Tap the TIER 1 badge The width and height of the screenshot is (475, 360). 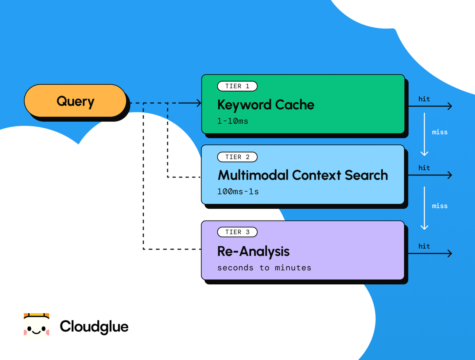[x=237, y=86]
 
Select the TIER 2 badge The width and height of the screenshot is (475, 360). [x=237, y=157]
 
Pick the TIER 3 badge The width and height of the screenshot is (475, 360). [x=237, y=232]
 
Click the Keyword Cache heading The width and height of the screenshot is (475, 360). [x=266, y=105]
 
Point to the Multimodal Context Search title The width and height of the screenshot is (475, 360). [x=303, y=175]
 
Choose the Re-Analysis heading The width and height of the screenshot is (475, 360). [x=253, y=251]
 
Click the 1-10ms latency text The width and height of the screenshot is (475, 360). [x=233, y=121]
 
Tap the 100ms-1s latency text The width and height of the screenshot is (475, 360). [x=238, y=192]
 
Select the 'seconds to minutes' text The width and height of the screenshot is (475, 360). [x=264, y=268]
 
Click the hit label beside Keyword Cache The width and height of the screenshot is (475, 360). [x=424, y=99]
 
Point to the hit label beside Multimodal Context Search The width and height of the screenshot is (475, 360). [x=424, y=168]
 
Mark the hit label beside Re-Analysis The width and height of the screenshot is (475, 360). [x=424, y=246]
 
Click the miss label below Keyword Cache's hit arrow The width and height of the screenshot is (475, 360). [x=439, y=132]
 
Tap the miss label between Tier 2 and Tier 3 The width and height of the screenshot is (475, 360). [x=439, y=206]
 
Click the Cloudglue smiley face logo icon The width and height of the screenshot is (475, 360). [x=36, y=326]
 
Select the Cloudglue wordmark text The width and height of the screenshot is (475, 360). [x=94, y=327]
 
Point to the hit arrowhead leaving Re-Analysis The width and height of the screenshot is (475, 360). [x=449, y=253]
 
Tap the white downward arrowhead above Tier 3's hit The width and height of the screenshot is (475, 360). [x=424, y=227]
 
